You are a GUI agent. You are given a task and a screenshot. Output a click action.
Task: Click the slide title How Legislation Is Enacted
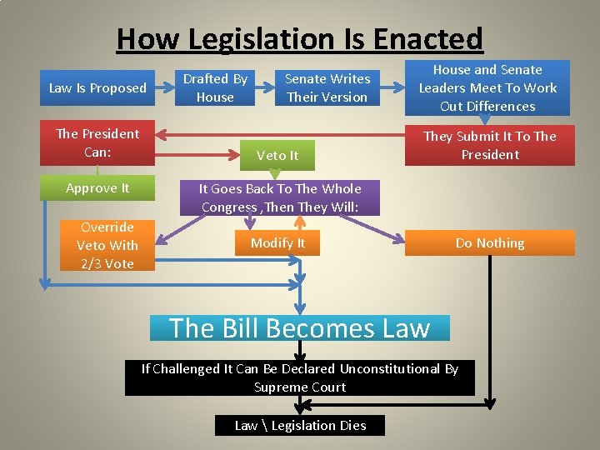[x=299, y=39]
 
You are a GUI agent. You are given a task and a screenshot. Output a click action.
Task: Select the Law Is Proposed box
[x=97, y=88]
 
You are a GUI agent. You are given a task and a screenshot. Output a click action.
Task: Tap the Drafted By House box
[x=216, y=88]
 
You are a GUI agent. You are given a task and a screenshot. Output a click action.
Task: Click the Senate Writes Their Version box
[x=327, y=88]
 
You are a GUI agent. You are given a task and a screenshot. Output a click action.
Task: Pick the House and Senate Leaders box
[x=488, y=88]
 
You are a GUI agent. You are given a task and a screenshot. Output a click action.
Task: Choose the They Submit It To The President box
[x=490, y=146]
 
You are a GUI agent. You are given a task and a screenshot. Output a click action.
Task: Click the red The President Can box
[x=97, y=143]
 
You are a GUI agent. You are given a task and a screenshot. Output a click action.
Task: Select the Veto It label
[x=277, y=156]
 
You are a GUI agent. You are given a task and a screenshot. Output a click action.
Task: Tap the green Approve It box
[x=97, y=188]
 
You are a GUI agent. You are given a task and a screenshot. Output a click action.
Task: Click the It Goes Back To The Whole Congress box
[x=280, y=197]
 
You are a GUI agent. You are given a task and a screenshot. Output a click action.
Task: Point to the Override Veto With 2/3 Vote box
[x=107, y=245]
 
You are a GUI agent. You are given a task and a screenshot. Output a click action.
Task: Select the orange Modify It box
[x=278, y=243]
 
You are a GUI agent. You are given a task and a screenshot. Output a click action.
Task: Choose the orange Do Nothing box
[x=490, y=243]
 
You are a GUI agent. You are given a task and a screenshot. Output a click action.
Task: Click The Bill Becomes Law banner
[x=299, y=327]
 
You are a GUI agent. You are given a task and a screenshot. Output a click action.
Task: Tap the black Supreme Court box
[x=299, y=377]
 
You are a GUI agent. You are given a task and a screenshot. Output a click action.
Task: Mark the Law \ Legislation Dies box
[x=300, y=425]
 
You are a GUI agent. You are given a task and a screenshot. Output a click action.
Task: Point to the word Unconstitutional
[x=387, y=368]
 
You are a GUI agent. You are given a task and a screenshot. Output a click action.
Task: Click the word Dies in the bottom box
[x=353, y=425]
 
